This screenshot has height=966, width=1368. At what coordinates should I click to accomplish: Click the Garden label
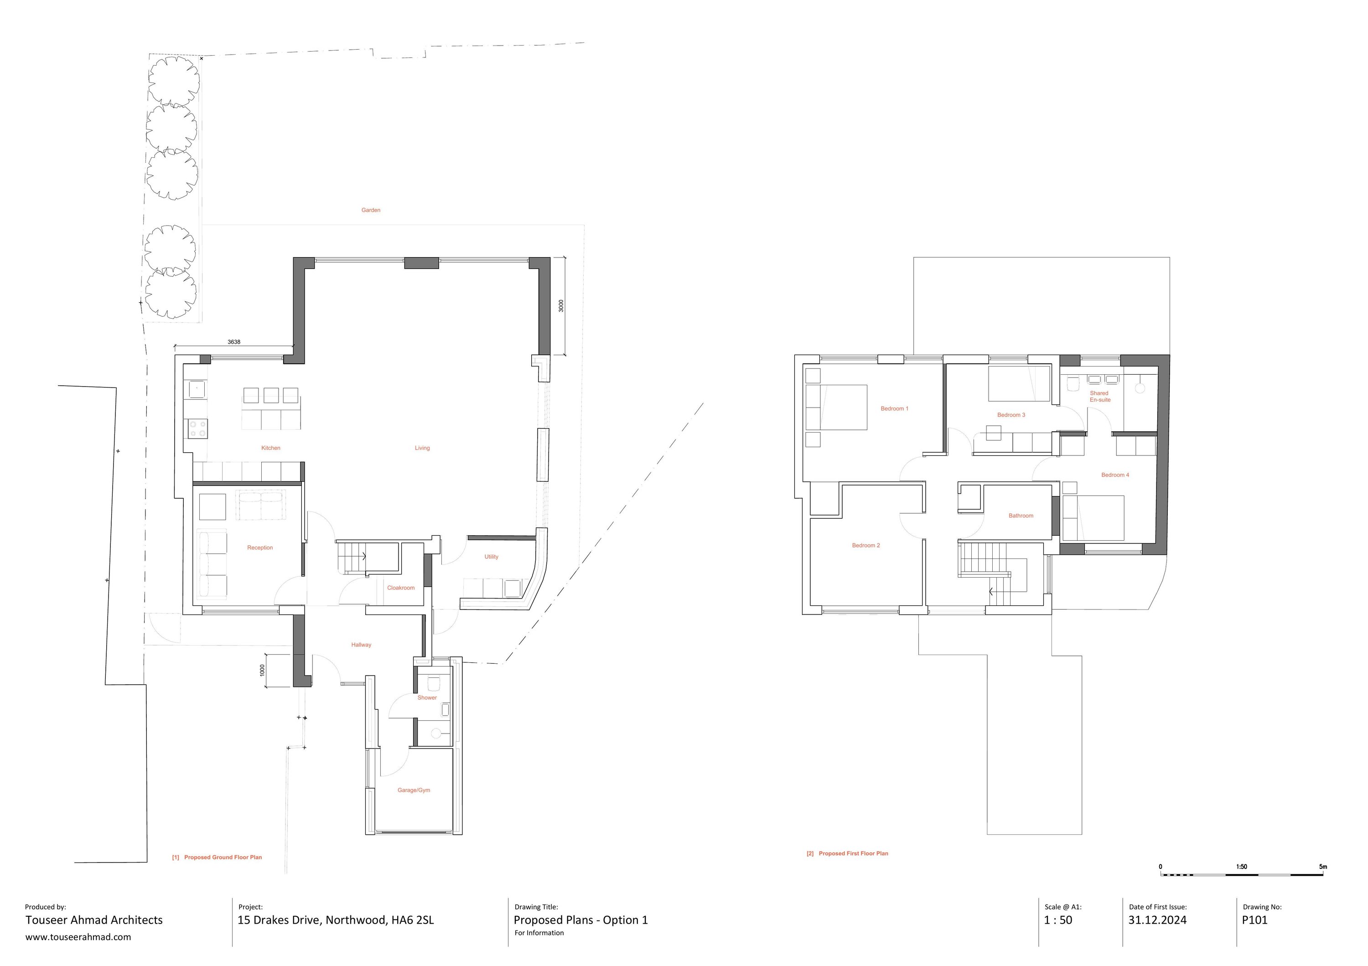(x=371, y=210)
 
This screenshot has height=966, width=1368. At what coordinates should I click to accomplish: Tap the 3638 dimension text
(x=233, y=342)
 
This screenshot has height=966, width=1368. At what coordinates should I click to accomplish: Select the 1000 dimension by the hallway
(x=262, y=671)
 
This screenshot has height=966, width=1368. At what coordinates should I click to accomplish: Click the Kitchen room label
(x=270, y=448)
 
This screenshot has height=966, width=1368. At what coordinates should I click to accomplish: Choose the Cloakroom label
(x=400, y=588)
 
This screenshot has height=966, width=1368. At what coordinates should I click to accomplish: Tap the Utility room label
(x=491, y=557)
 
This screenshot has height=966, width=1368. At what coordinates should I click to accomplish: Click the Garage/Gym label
(x=414, y=790)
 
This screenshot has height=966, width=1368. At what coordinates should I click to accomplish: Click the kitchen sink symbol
(x=197, y=389)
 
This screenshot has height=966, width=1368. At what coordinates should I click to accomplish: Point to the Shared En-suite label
(x=1099, y=397)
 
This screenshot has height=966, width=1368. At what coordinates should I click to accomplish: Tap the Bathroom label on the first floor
(x=1021, y=516)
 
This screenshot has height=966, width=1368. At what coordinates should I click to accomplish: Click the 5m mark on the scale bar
(x=1323, y=867)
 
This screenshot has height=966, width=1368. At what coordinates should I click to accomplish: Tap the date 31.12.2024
(x=1157, y=920)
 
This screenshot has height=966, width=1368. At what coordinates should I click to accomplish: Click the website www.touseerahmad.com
(x=78, y=937)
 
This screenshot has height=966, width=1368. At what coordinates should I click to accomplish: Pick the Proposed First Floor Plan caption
(x=853, y=853)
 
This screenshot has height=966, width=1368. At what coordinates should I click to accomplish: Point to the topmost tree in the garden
(x=174, y=80)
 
